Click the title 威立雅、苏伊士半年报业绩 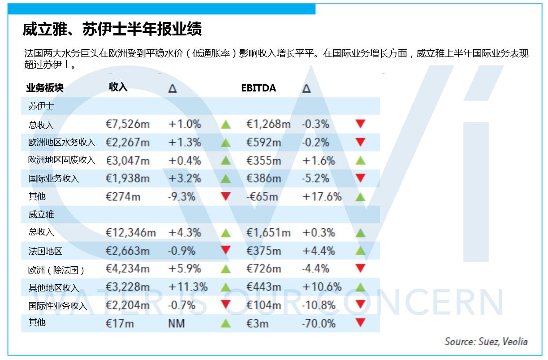(x=112, y=29)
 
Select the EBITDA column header (x=259, y=88)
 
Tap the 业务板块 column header (x=45, y=88)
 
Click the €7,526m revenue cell (x=127, y=124)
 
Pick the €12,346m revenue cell (x=130, y=233)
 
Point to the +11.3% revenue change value (x=188, y=287)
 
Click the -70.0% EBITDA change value (x=319, y=323)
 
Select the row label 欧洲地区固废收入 (x=61, y=160)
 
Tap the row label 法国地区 (x=45, y=251)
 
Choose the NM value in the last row (x=176, y=323)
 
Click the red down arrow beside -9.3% (x=226, y=196)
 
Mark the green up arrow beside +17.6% (x=360, y=197)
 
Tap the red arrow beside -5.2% (x=360, y=178)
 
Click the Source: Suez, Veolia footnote (x=486, y=341)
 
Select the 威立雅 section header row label (x=41, y=215)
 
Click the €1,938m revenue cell (x=127, y=178)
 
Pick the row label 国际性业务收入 (x=57, y=306)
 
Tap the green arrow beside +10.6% (x=360, y=287)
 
